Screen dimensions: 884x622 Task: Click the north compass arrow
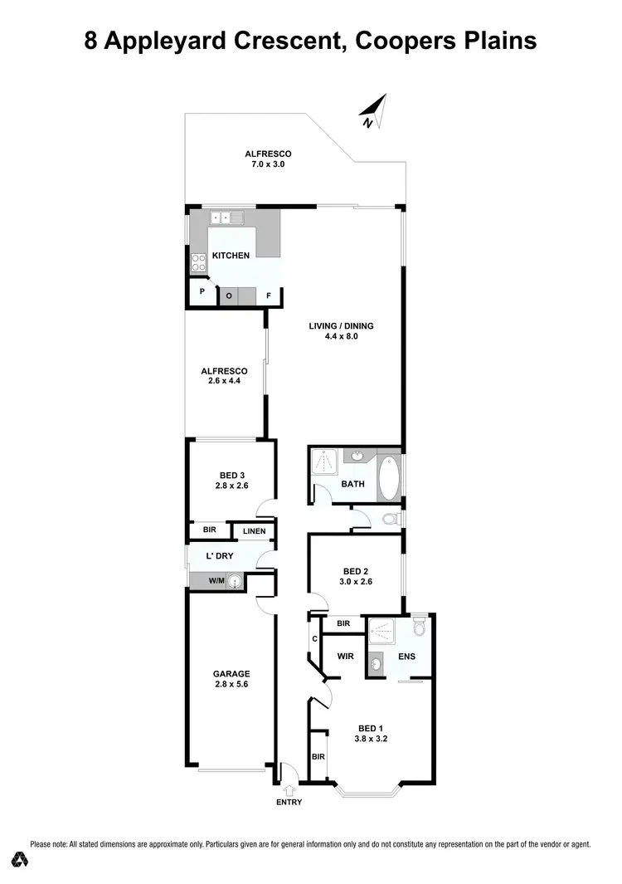(x=375, y=111)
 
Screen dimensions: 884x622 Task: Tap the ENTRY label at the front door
(x=289, y=802)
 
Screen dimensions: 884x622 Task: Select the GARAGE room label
(x=231, y=674)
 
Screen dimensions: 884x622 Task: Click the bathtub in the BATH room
(x=389, y=479)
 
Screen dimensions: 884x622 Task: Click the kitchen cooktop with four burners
(x=199, y=262)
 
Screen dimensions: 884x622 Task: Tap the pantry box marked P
(x=202, y=293)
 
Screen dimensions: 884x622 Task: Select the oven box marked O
(x=228, y=295)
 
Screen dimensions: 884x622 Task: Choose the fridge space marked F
(x=268, y=295)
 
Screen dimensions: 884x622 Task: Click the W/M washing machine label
(x=216, y=582)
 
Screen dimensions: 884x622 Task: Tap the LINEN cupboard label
(x=255, y=531)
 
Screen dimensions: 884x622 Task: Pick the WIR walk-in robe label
(x=347, y=656)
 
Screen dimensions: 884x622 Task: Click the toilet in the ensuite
(x=419, y=628)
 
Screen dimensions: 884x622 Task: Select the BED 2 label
(x=356, y=571)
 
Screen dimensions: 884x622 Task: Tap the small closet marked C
(x=315, y=638)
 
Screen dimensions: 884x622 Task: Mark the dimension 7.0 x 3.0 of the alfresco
(x=268, y=164)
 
